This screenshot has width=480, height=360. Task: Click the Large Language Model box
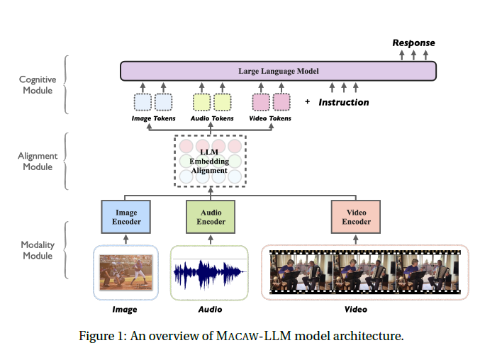coord(278,71)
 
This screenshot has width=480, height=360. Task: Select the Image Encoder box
coord(125,217)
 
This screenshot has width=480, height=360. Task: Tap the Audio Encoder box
coord(211,217)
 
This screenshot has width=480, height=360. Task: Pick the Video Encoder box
coord(356,217)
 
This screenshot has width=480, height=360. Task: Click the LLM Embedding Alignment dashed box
coord(209,161)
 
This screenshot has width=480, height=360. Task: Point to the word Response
coord(414,43)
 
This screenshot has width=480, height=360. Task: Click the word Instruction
coord(344,102)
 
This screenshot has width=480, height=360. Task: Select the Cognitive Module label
coord(37,86)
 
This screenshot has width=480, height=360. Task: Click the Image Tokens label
coord(153,118)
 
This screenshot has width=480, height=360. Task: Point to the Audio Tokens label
coord(212,118)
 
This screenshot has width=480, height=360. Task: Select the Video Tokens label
coord(272,118)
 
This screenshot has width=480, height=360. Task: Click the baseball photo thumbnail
coord(125,273)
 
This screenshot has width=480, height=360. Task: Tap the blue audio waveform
coord(210,273)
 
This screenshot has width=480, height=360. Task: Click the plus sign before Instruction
coord(308,102)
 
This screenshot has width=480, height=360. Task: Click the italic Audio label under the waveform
coord(210,310)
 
